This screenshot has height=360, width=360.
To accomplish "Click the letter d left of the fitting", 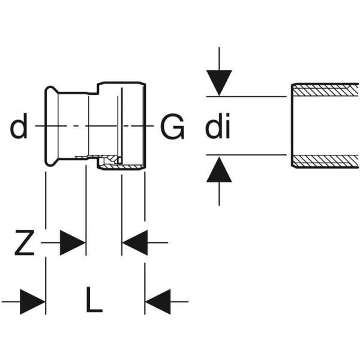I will (19, 127).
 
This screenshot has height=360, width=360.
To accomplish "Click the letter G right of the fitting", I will (172, 127).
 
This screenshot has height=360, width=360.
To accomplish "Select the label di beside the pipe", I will (218, 127).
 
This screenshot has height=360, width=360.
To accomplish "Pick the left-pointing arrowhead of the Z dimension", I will (133, 243).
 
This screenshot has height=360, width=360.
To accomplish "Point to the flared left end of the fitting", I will (49, 127).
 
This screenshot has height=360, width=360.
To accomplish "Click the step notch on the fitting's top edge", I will (97, 90).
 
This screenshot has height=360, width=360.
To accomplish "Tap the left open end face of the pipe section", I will (292, 125).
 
